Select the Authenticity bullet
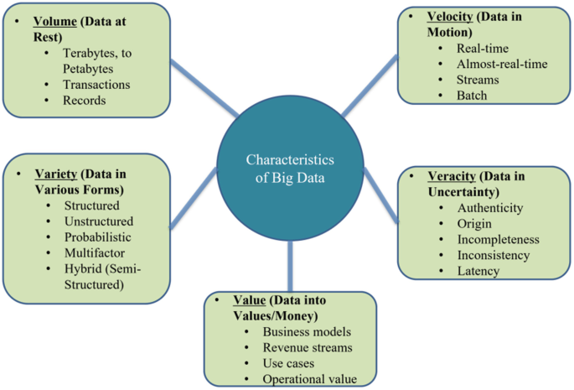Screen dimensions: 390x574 [x=490, y=207]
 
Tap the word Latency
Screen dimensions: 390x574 [x=478, y=270]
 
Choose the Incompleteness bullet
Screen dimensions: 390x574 [x=499, y=238]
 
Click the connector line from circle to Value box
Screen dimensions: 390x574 [x=290, y=268]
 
